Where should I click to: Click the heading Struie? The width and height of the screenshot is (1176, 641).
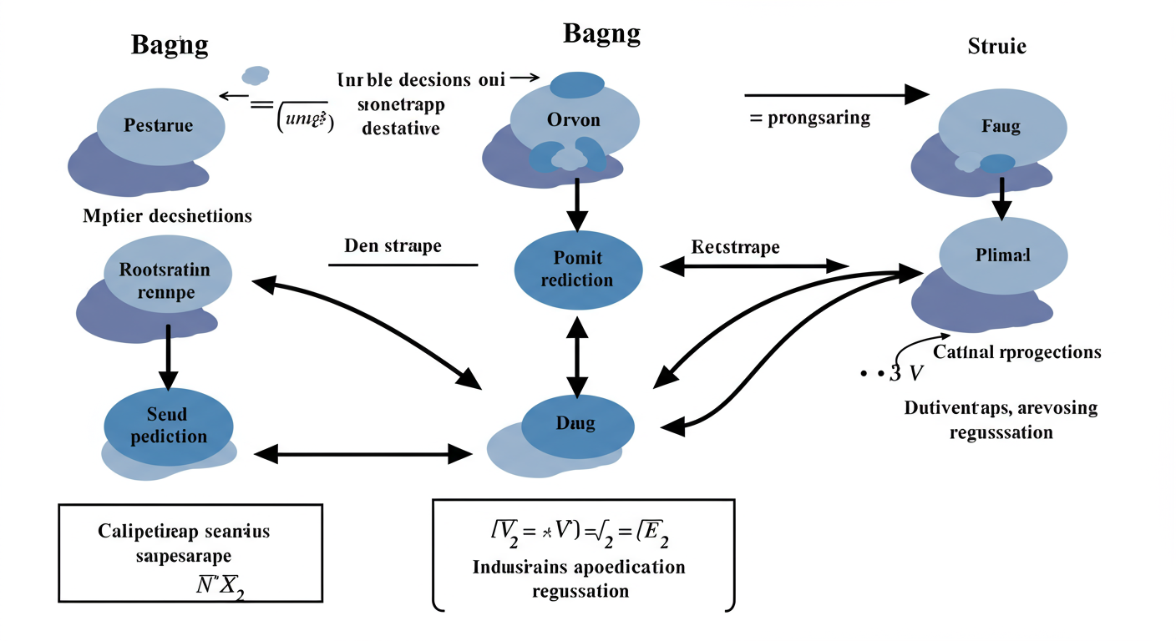(x=996, y=46)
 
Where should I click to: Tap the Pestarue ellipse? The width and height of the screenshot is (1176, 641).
(x=159, y=126)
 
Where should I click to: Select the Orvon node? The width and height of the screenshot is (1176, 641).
(x=574, y=119)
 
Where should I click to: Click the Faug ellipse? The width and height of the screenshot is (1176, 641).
(x=1001, y=127)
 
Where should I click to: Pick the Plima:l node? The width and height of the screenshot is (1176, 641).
(x=1003, y=255)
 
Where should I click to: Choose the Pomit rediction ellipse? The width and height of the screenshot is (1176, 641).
(x=577, y=269)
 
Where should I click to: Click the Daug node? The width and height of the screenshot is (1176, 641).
(x=575, y=423)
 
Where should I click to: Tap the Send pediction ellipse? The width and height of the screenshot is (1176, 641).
(x=167, y=425)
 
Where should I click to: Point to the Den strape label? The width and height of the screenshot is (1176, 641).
(x=393, y=246)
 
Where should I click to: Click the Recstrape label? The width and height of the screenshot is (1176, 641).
(x=736, y=247)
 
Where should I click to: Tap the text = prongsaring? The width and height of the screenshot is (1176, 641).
(x=809, y=118)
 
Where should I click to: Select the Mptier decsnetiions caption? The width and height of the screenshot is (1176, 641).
(x=168, y=216)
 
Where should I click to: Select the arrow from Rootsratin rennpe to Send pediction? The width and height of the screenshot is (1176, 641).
(x=169, y=356)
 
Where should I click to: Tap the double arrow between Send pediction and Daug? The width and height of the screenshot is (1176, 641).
(x=363, y=454)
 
